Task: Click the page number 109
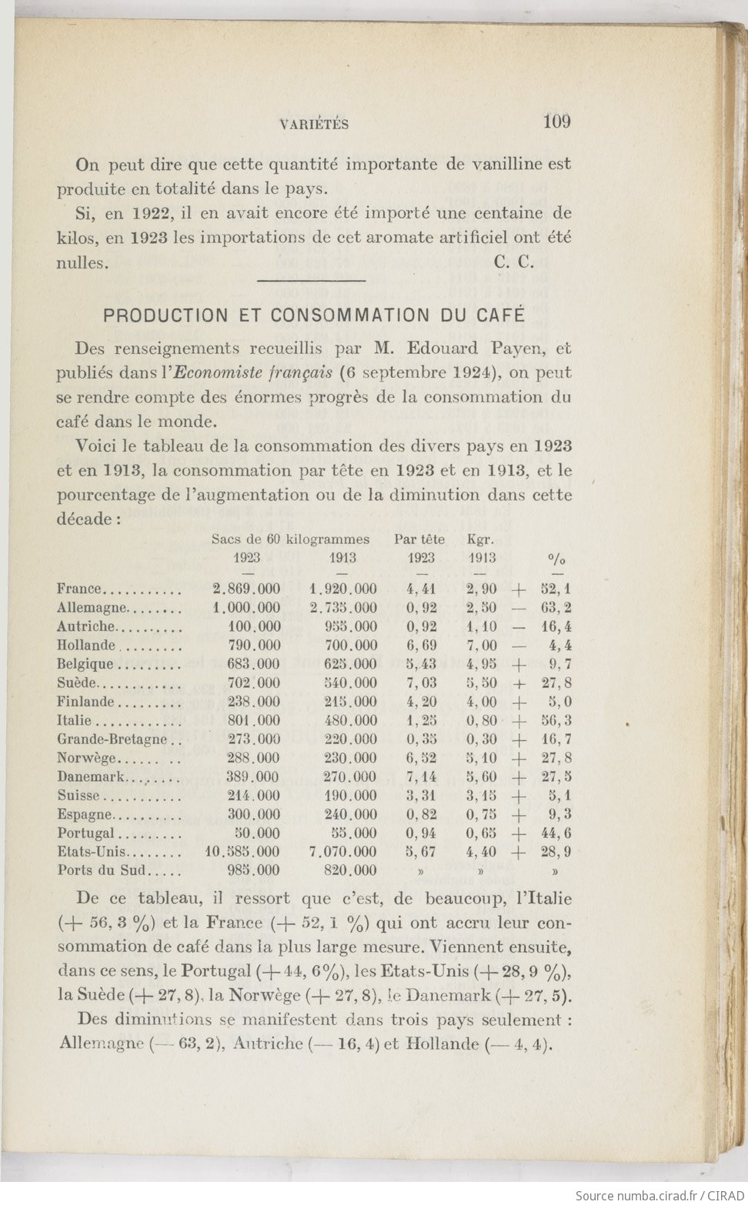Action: (x=556, y=122)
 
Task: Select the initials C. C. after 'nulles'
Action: (x=514, y=262)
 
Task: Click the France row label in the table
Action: (x=79, y=589)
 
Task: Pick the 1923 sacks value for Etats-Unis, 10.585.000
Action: (x=243, y=852)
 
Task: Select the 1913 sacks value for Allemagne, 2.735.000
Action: (x=342, y=608)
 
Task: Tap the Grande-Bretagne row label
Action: (x=112, y=739)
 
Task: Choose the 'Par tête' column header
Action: (x=419, y=539)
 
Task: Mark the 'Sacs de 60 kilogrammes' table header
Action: (x=290, y=539)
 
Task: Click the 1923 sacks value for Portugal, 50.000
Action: (x=257, y=833)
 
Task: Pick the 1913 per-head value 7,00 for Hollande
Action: (x=482, y=646)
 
